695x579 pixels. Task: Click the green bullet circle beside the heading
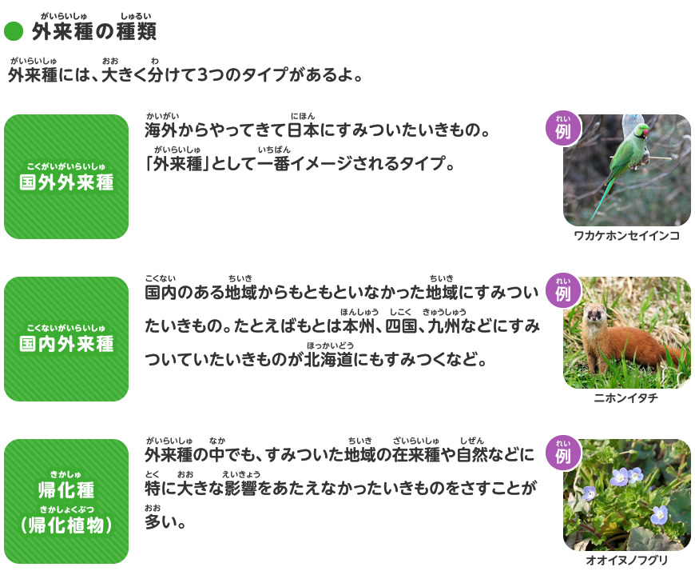[14, 32]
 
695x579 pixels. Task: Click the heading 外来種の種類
[93, 32]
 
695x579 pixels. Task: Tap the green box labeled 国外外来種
[66, 177]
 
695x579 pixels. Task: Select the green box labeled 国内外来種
[66, 339]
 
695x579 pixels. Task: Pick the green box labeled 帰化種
[66, 501]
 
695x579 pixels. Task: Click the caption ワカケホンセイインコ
[626, 236]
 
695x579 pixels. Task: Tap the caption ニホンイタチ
[626, 398]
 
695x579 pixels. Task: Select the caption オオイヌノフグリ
[626, 561]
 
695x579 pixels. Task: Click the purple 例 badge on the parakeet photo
[562, 130]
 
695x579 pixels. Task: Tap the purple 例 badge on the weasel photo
[562, 292]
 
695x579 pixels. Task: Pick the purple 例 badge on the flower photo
[562, 454]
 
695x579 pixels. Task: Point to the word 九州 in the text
[445, 326]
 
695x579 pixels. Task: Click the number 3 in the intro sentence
[201, 76]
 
